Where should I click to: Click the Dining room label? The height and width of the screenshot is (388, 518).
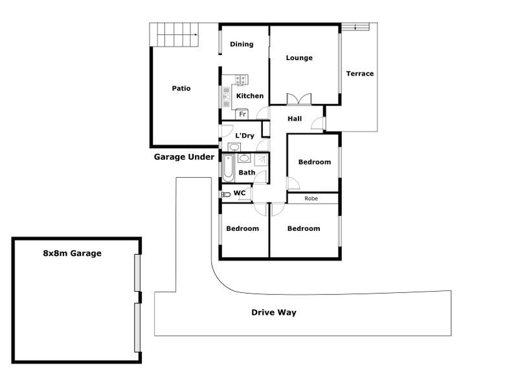(241, 44)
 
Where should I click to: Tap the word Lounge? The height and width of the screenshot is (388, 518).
(299, 58)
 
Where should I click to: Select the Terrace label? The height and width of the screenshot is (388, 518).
(359, 74)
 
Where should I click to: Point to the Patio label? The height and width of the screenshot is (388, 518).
(181, 89)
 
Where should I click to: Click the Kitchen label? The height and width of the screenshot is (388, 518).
(249, 96)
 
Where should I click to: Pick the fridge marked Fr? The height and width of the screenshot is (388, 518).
(243, 114)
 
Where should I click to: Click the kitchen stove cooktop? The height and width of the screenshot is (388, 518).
(241, 80)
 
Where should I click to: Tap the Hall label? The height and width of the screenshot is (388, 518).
(295, 119)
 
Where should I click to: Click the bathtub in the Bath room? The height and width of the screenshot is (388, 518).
(228, 167)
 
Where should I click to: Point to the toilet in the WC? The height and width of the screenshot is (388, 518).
(226, 193)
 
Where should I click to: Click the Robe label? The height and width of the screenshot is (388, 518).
(312, 199)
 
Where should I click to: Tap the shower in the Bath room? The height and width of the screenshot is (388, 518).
(260, 160)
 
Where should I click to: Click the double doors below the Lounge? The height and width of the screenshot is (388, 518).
(298, 100)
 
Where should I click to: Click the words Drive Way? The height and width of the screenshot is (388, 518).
(274, 312)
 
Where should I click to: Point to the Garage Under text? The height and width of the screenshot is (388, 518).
(184, 156)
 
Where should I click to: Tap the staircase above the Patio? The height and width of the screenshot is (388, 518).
(175, 34)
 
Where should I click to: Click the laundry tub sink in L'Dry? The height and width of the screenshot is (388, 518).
(234, 147)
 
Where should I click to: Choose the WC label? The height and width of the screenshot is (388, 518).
(239, 193)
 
